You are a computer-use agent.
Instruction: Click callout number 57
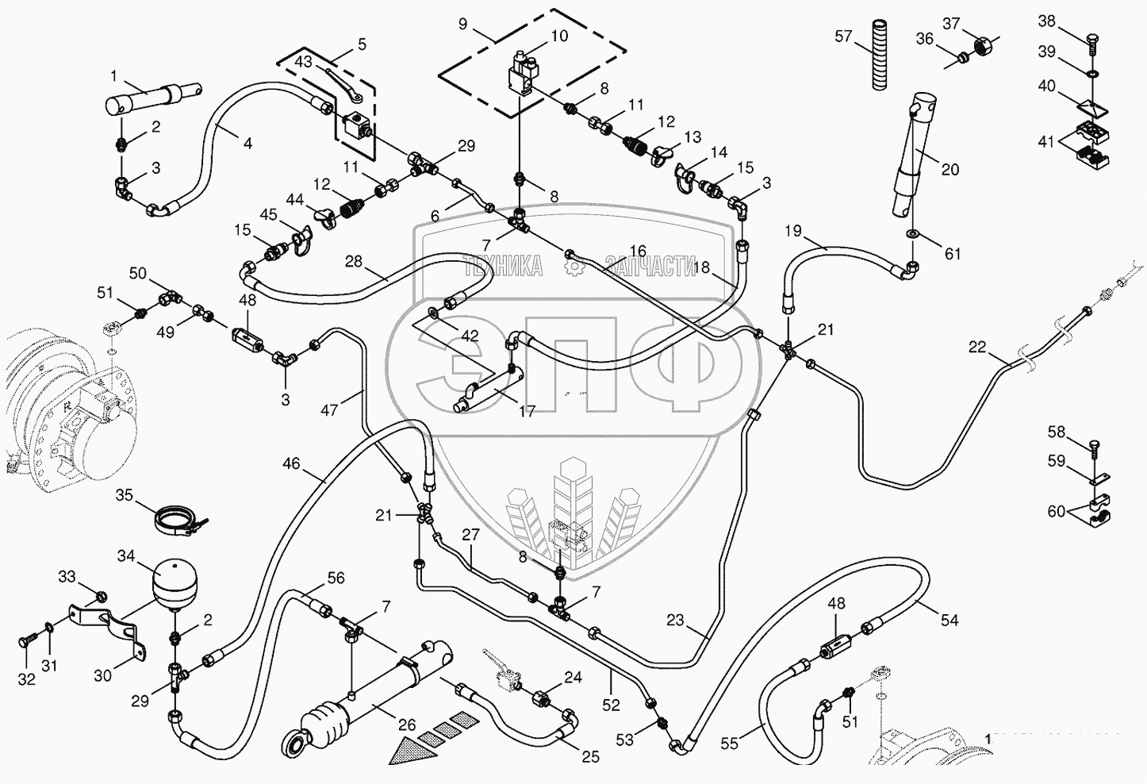[x=842, y=36]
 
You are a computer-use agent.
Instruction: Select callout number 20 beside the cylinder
[x=949, y=169]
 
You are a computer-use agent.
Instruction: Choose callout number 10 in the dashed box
[x=559, y=36]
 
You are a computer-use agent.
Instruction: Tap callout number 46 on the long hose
[x=291, y=463]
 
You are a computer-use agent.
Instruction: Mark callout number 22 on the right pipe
[x=977, y=346]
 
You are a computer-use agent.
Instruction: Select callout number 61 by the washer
[x=953, y=254]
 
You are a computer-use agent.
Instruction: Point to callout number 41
[x=1047, y=141]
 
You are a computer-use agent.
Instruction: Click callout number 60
[x=1056, y=512]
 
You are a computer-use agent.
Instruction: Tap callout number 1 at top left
[x=113, y=76]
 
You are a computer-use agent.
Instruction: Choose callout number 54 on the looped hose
[x=949, y=620]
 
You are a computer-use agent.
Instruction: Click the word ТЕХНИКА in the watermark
[x=503, y=266]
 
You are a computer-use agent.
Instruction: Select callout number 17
[x=527, y=411]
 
